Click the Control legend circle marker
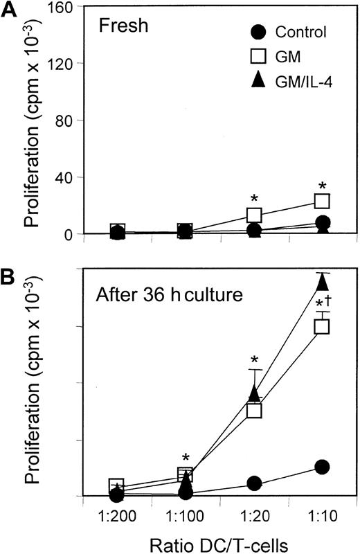pos(258,32)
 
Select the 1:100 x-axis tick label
pos(185,517)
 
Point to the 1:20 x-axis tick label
pos(253,517)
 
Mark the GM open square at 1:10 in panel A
pos(322,201)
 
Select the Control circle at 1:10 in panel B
pos(322,467)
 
